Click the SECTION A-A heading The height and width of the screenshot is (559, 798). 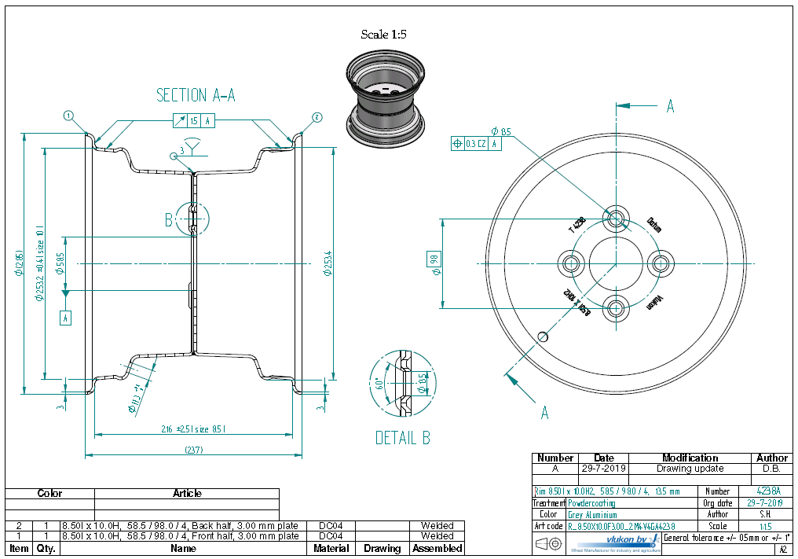pos(196,95)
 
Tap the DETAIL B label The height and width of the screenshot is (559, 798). pos(402,438)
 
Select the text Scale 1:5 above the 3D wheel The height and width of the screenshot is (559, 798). pos(383,35)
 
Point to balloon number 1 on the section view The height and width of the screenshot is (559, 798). pos(68,116)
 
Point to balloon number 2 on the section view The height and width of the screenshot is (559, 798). pos(316,117)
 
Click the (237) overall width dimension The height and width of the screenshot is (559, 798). pos(194,451)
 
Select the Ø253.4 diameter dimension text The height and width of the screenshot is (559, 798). pos(328,263)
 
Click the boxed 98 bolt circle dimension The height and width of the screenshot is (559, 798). pos(433,259)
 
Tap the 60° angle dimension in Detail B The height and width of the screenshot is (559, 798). pos(379,384)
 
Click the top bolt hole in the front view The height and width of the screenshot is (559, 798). pos(615,218)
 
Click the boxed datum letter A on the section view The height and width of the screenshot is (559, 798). pos(66,318)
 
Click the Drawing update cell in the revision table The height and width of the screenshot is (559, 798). pos(690,469)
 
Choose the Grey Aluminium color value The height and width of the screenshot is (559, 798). pos(592,514)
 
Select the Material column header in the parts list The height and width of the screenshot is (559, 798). pos(331,548)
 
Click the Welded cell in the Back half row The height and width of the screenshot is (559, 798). pos(437,525)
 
